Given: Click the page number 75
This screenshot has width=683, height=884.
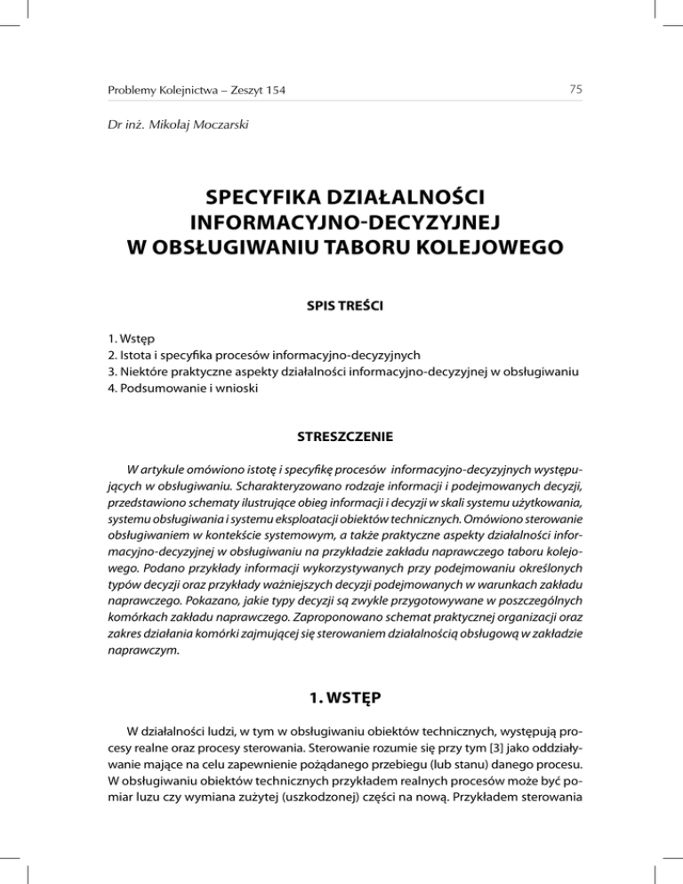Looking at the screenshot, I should click(575, 87).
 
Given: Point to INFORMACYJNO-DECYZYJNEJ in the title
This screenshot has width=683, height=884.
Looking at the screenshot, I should click(341, 220).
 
